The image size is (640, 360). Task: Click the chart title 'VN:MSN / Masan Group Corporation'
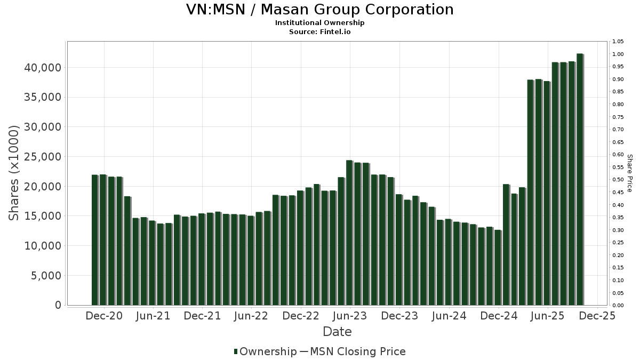pos(319,10)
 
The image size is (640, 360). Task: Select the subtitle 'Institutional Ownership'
pos(319,23)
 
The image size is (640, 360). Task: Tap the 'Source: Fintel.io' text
pos(319,31)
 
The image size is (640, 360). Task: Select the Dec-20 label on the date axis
pos(104,316)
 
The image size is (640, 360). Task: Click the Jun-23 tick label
pos(350,316)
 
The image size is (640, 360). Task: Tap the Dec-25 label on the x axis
pos(597,316)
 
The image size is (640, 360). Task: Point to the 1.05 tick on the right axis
pos(618,42)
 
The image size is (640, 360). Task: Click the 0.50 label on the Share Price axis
pos(618,180)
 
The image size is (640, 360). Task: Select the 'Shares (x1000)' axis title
pos(14,173)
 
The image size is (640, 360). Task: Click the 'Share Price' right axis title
pos(629,173)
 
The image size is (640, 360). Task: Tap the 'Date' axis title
pos(337,332)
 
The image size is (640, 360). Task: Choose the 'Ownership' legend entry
pos(265,351)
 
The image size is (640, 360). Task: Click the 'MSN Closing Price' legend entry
pos(357,351)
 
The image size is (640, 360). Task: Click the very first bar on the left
pos(95,240)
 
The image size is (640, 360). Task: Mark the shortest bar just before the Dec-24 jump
pos(498,267)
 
